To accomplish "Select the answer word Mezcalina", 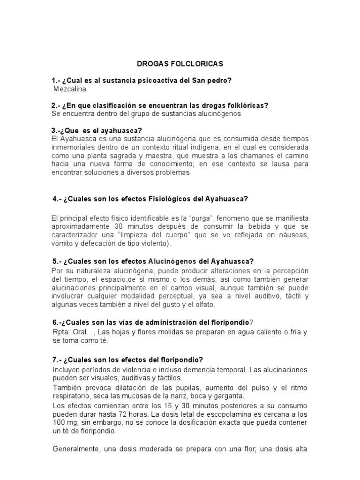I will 70,89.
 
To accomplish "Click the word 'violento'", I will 154,244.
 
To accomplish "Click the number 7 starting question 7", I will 54,360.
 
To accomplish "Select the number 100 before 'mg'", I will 58,423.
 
